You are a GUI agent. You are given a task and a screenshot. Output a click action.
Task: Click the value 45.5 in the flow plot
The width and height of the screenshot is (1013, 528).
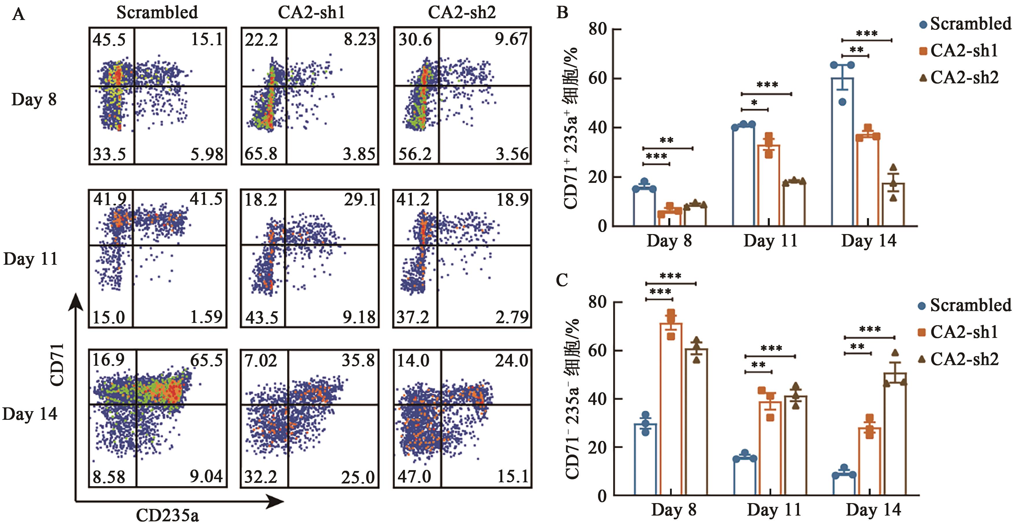pos(109,40)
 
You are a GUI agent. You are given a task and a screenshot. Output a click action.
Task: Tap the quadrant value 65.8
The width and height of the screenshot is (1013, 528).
pos(261,153)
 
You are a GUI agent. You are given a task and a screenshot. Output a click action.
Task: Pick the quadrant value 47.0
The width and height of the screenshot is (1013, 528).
pos(414,477)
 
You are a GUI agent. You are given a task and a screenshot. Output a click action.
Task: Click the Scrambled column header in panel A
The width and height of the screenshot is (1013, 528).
pos(157,13)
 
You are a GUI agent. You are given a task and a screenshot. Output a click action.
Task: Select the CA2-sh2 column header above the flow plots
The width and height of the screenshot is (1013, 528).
pos(462,13)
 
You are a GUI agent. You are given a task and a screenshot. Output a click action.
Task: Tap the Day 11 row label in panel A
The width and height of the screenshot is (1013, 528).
pos(31,259)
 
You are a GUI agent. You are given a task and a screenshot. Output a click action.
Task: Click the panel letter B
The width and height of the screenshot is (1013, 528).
pos(562,13)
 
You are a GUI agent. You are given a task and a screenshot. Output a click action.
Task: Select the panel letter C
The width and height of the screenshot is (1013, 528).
pos(562,280)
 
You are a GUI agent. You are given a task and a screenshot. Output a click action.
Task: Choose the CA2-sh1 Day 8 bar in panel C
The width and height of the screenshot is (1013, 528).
pos(671,409)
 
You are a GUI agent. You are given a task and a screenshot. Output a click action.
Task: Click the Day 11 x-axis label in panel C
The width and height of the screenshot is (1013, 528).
pos(774,510)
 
